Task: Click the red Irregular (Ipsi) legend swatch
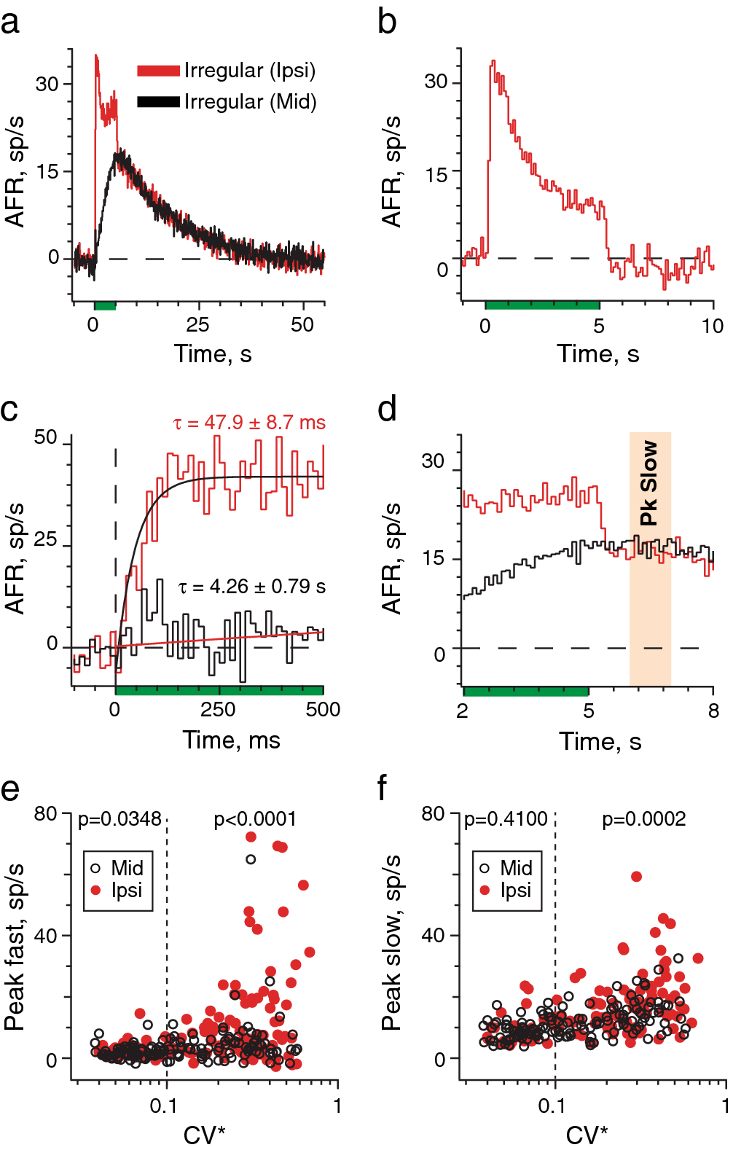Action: pyautogui.click(x=158, y=71)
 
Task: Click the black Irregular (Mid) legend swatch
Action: pyautogui.click(x=158, y=102)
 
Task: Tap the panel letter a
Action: pyautogui.click(x=10, y=22)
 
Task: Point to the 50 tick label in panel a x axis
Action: pyautogui.click(x=302, y=325)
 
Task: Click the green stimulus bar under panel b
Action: pyautogui.click(x=542, y=304)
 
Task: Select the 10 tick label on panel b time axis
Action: pyautogui.click(x=712, y=326)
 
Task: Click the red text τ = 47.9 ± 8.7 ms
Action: pyautogui.click(x=249, y=423)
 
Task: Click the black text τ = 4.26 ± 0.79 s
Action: pyautogui.click(x=252, y=587)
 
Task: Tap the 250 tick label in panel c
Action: pyautogui.click(x=218, y=709)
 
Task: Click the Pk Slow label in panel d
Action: pyautogui.click(x=648, y=482)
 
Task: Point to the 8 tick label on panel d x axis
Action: pyautogui.click(x=713, y=711)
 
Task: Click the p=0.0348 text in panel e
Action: pyautogui.click(x=119, y=819)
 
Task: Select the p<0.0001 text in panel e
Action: pyautogui.click(x=255, y=819)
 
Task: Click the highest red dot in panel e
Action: pyautogui.click(x=251, y=837)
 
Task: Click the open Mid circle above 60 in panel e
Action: pyautogui.click(x=251, y=859)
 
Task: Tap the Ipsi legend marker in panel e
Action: pyautogui.click(x=95, y=890)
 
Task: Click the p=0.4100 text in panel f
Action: pyautogui.click(x=506, y=819)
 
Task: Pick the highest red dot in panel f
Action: pyautogui.click(x=636, y=877)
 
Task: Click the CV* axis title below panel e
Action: pyautogui.click(x=204, y=1135)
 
